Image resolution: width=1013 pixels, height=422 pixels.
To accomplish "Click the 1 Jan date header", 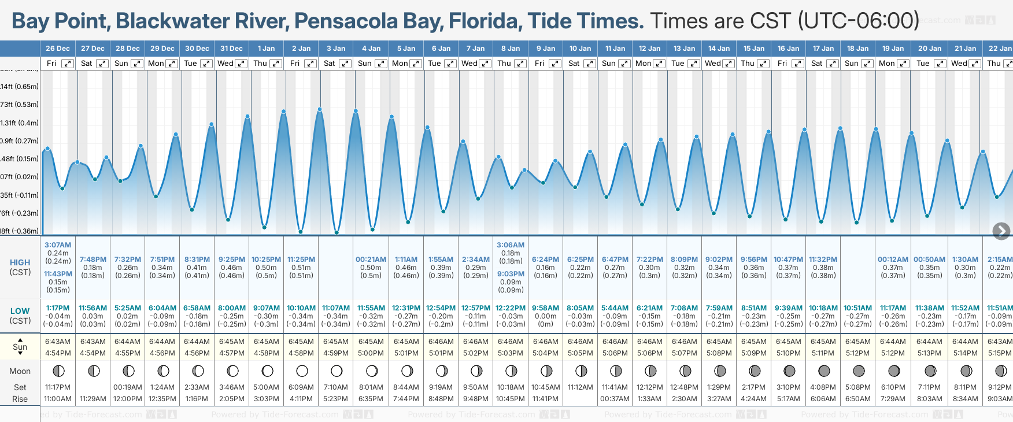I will click(267, 49).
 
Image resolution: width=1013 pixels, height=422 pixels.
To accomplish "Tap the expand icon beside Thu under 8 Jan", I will click(520, 64).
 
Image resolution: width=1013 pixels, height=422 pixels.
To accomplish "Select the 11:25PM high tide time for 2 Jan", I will click(301, 260).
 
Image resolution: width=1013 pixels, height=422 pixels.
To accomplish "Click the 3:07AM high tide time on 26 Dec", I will click(58, 245).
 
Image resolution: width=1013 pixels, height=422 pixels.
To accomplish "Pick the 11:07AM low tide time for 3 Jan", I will click(336, 308).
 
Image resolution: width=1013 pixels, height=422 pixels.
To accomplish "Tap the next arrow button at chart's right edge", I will click(1001, 231).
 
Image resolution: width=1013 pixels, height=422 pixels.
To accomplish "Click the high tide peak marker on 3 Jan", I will click(320, 109).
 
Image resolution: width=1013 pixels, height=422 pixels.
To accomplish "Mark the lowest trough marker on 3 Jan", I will click(337, 233).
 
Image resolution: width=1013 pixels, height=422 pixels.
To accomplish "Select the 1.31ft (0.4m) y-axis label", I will click(20, 123).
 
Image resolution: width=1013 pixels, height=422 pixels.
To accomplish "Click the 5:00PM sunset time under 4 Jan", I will click(371, 353).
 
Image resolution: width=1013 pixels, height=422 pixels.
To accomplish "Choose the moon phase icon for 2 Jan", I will click(302, 371).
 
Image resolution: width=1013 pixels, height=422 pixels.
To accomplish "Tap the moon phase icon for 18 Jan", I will click(859, 371).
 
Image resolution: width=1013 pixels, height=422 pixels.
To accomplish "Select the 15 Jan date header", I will click(754, 49).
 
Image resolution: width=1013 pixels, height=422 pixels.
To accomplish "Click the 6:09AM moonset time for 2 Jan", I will click(301, 387).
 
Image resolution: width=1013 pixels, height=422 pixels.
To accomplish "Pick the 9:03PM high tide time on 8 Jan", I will click(511, 274).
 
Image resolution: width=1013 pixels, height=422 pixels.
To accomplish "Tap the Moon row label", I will click(20, 371).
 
